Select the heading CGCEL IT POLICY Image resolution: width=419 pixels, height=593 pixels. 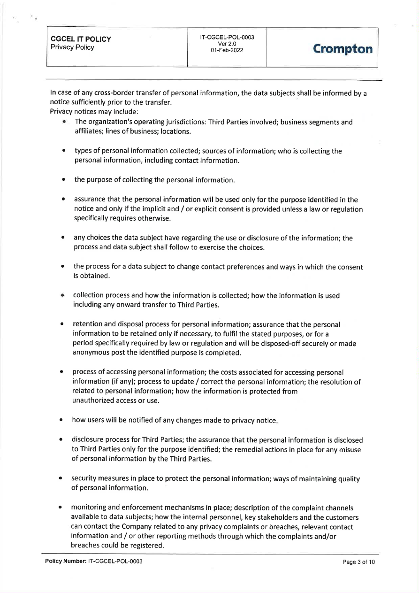tap(81, 39)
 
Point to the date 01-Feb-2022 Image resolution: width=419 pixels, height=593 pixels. tap(227, 50)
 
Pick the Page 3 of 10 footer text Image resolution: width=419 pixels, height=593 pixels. tap(359, 562)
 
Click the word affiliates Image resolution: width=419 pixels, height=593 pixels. tap(88, 131)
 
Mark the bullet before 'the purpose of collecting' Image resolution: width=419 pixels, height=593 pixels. tap(63, 180)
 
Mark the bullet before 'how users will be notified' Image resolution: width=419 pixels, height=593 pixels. tap(61, 421)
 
